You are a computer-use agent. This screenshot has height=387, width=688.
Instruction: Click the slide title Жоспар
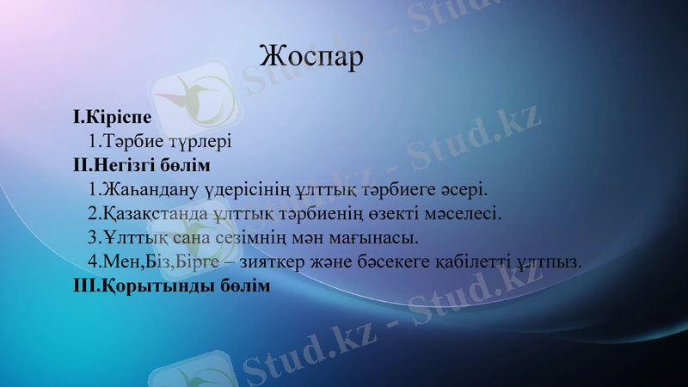(310, 57)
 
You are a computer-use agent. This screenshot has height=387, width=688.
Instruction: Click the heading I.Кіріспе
(113, 115)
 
